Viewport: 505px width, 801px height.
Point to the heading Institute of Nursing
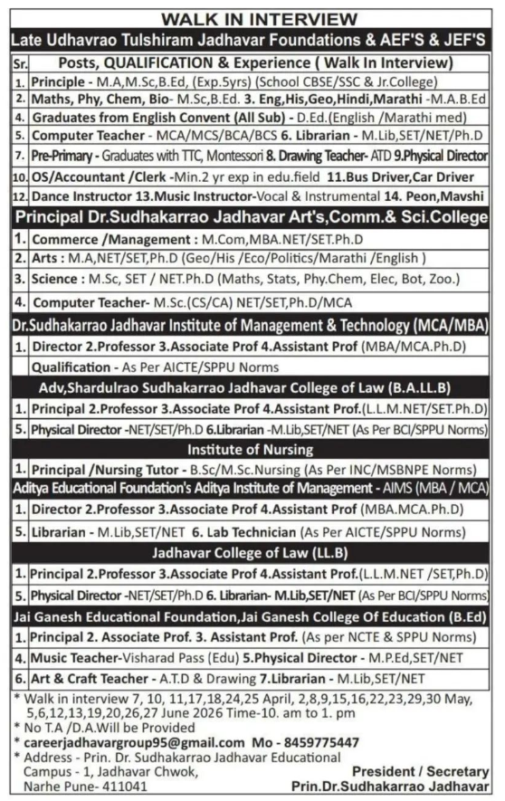(251, 447)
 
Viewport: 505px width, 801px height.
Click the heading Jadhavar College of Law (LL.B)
(251, 552)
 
